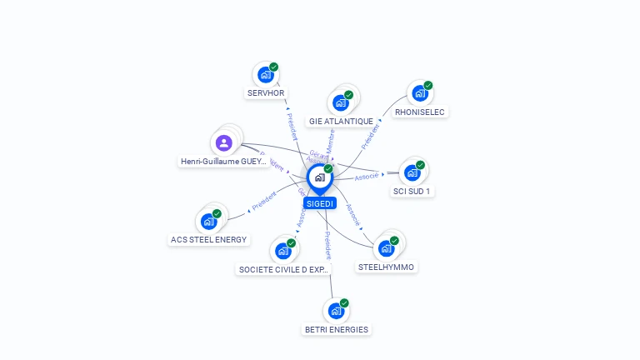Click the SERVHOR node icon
[x=266, y=75]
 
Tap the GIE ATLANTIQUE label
[x=341, y=121]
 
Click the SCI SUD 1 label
[x=412, y=191]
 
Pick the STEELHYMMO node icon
[x=386, y=248]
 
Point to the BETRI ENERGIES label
[x=336, y=329]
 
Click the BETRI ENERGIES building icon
[x=336, y=311]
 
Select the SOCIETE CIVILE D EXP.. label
[x=284, y=269]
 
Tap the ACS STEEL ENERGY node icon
[x=208, y=222]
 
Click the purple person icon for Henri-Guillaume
[x=223, y=142]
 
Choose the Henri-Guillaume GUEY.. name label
[x=223, y=162]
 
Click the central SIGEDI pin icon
[x=319, y=177]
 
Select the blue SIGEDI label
[x=319, y=203]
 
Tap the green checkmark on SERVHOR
[x=274, y=67]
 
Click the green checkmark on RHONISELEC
[x=428, y=85]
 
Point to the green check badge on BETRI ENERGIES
[x=344, y=302]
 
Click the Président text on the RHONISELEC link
[x=370, y=137]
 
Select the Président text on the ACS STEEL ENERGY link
[x=263, y=201]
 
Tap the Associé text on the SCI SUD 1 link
[x=367, y=177]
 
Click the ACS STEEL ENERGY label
[x=209, y=240]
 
